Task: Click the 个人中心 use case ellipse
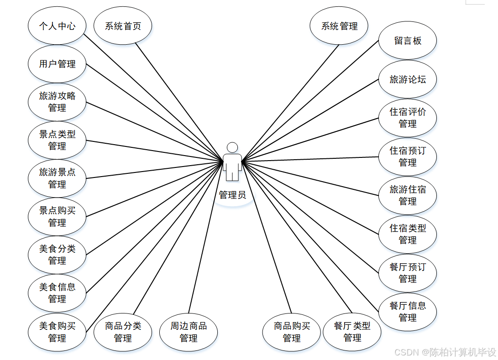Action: tap(57, 26)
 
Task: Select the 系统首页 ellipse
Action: tap(123, 26)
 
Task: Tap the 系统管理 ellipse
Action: tap(339, 26)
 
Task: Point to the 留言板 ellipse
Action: tap(408, 41)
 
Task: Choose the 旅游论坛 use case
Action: tap(408, 79)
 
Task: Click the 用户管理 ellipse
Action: tap(57, 64)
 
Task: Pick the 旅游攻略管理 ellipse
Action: tap(57, 102)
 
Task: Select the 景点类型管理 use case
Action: tap(57, 140)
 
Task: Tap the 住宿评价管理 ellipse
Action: tap(408, 118)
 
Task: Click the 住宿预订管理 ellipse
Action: tap(408, 157)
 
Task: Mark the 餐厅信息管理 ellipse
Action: tap(408, 312)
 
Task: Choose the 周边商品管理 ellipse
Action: tap(189, 332)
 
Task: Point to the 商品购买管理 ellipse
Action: tap(292, 332)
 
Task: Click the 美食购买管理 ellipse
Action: tap(57, 332)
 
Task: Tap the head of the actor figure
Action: tap(232, 147)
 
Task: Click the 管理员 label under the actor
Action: tap(232, 195)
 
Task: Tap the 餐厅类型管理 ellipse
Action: tap(352, 332)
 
